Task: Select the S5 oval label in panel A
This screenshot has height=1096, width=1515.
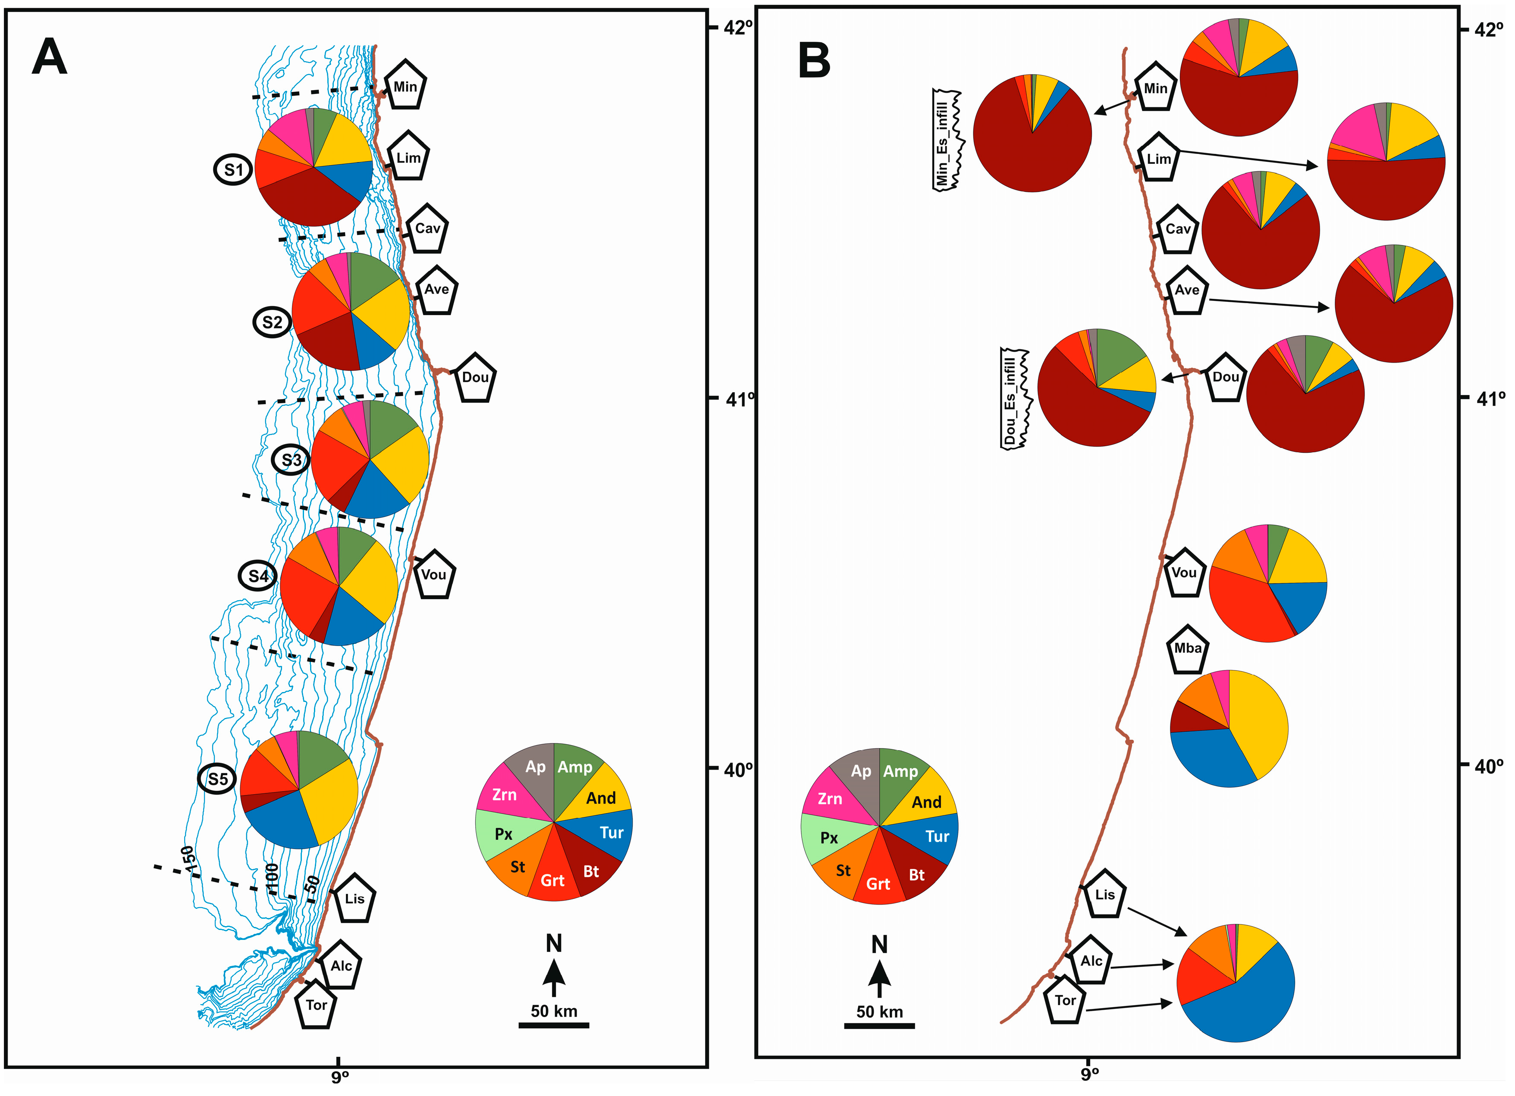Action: tap(217, 779)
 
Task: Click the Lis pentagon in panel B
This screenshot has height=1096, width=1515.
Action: tap(1104, 894)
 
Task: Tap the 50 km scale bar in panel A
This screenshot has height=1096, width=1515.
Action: tap(554, 1024)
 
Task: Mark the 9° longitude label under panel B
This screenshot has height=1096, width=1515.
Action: tap(1089, 1074)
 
